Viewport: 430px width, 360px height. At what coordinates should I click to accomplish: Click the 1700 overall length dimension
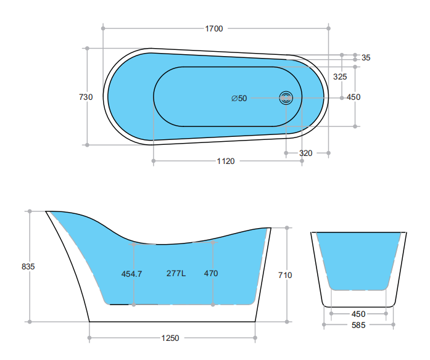pyautogui.click(x=214, y=28)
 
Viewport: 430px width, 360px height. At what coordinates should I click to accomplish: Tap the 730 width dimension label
pyautogui.click(x=86, y=97)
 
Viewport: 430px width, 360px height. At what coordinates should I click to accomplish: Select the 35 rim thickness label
pyautogui.click(x=366, y=57)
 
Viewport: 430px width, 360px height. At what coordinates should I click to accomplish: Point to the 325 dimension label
pyautogui.click(x=340, y=76)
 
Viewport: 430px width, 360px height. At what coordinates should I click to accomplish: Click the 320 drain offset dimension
pyautogui.click(x=306, y=153)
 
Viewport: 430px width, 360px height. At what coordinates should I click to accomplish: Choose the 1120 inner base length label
pyautogui.click(x=226, y=161)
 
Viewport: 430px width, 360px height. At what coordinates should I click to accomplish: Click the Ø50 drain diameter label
pyautogui.click(x=239, y=99)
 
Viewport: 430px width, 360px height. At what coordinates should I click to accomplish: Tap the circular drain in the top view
pyautogui.click(x=286, y=98)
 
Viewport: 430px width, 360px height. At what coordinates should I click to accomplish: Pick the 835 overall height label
pyautogui.click(x=28, y=266)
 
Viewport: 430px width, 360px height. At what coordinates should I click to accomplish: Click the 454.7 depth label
pyautogui.click(x=131, y=274)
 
